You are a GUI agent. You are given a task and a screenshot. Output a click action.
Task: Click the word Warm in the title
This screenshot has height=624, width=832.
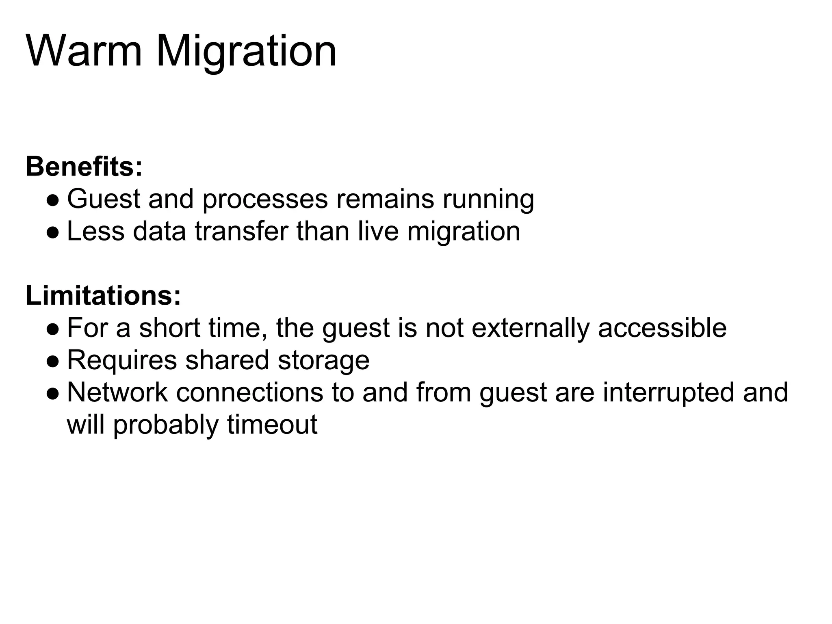[84, 52]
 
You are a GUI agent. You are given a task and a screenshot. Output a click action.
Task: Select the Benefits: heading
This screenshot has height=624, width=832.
[84, 167]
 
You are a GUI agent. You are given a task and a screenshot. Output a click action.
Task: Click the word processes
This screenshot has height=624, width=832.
[265, 200]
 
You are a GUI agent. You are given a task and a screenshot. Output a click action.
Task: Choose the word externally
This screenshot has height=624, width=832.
[530, 329]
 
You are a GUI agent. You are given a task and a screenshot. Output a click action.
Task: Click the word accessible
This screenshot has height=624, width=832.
[662, 328]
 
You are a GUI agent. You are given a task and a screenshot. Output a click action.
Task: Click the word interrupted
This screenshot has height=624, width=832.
[669, 393]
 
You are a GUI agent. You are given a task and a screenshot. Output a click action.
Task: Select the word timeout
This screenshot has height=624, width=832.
[272, 425]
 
